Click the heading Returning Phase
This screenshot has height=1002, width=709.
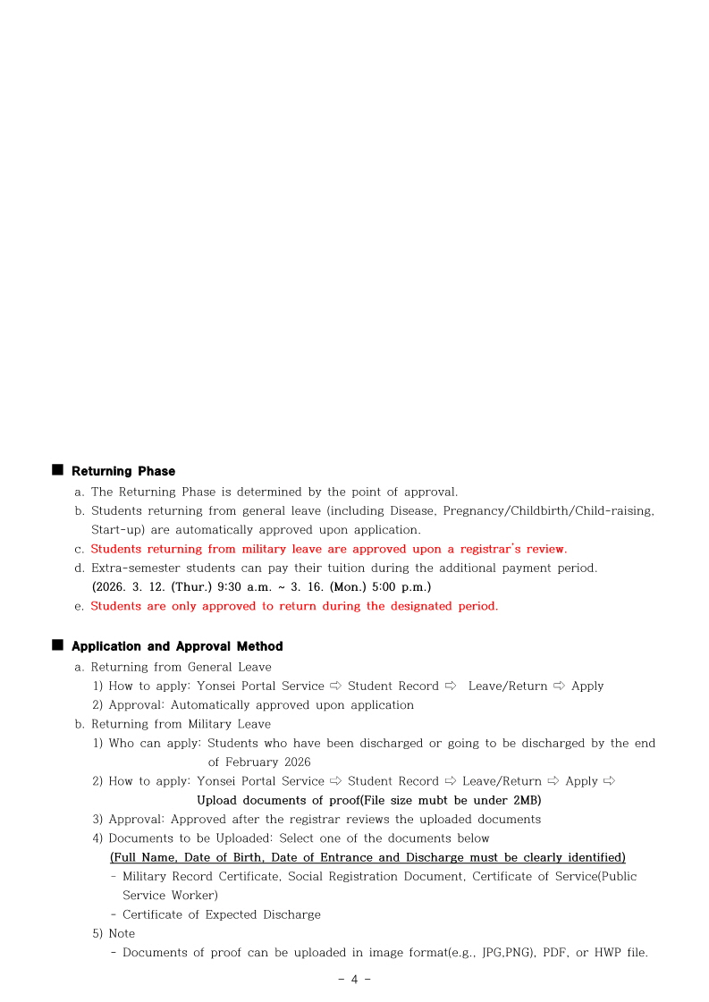[x=123, y=471]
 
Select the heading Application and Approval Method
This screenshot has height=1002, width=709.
[x=177, y=646]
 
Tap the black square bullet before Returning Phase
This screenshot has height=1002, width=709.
[x=58, y=469]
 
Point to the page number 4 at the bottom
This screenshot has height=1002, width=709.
[x=354, y=979]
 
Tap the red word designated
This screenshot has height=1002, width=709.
[x=409, y=606]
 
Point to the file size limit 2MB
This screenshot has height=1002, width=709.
[x=526, y=800]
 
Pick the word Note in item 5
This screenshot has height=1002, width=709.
[x=122, y=933]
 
